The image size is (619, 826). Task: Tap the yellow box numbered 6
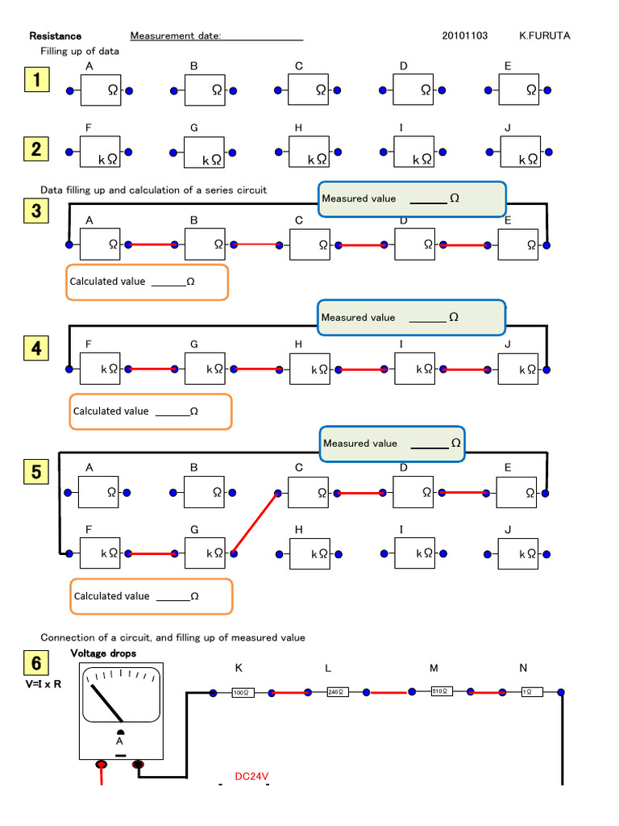coord(37,664)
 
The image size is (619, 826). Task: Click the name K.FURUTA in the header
coord(545,35)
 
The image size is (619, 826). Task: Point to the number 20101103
coord(465,35)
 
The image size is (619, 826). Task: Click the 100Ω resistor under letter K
coord(243,692)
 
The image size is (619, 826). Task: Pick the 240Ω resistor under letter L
coord(337,691)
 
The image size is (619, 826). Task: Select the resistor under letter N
coord(531,692)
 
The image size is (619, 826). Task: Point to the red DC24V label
coord(251,777)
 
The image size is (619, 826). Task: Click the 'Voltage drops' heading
coord(103,653)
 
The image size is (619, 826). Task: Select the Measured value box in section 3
coord(412,199)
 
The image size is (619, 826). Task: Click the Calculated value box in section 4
coord(151,411)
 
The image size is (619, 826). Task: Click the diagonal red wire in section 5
coord(255,523)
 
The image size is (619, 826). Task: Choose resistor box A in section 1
coord(100,91)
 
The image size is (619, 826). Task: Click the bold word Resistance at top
coord(56,35)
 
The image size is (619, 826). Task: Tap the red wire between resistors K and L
coord(290,692)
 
